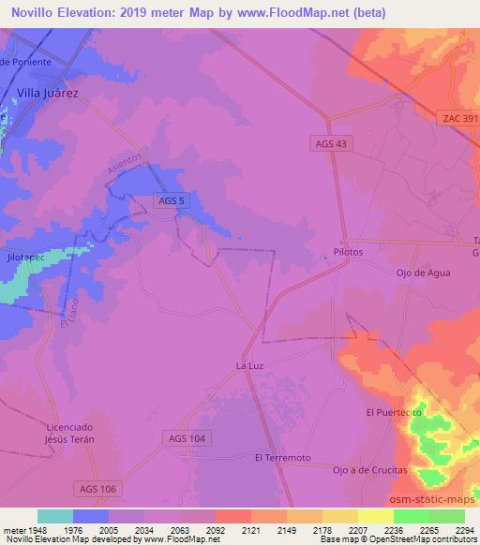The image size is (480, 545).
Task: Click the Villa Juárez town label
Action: click(48, 94)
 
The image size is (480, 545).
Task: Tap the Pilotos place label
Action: click(348, 253)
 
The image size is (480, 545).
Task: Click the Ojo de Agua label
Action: click(423, 272)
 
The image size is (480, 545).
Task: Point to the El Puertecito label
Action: click(394, 412)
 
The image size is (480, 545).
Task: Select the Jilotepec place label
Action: click(26, 254)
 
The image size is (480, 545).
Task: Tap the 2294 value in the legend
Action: click(464, 529)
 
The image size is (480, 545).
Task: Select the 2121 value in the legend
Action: click(249, 529)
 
